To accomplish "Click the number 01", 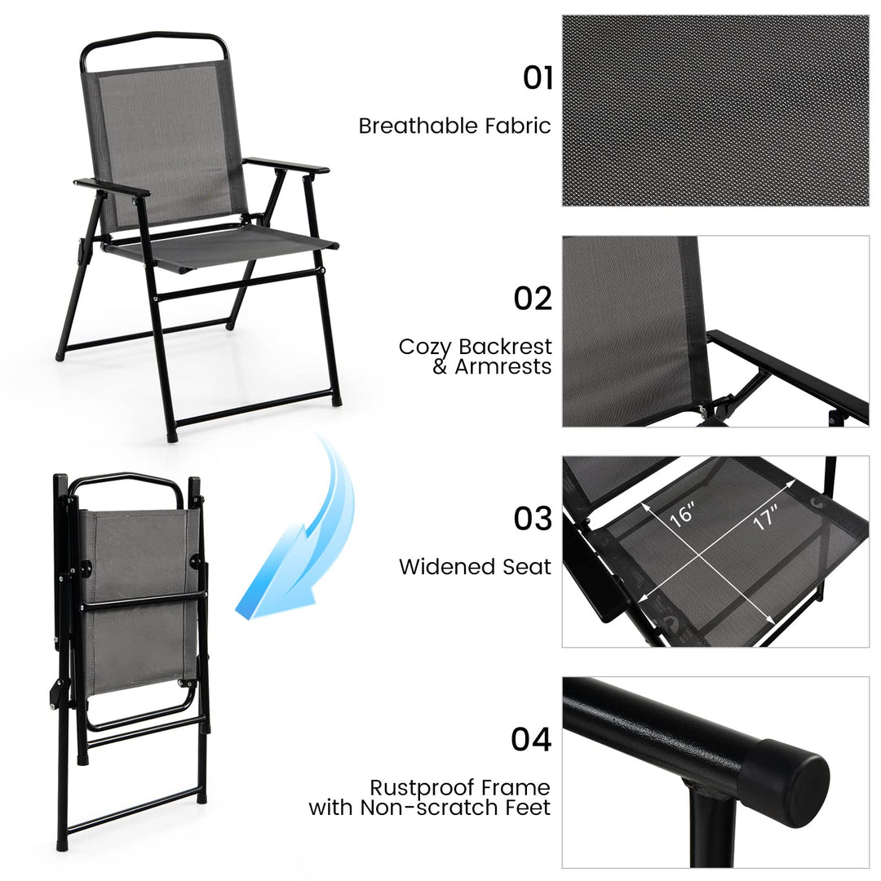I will (x=538, y=78).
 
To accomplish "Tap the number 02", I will (x=533, y=299).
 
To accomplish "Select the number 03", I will (x=533, y=519).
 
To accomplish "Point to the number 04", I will (x=532, y=739).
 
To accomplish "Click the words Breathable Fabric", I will (x=454, y=126).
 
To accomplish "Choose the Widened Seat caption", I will (x=475, y=566).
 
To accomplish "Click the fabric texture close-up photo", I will (x=715, y=110).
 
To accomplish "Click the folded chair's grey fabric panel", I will (x=140, y=604).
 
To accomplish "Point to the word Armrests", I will (x=503, y=367).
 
